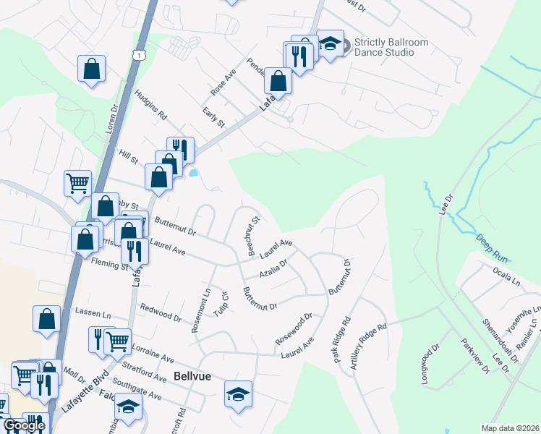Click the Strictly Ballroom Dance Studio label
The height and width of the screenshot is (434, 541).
[391, 47]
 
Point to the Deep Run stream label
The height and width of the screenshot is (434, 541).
[492, 246]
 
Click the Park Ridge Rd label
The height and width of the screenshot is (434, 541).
[342, 341]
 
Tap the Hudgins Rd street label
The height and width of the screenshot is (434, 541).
[152, 106]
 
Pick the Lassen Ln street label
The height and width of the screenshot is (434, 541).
[93, 315]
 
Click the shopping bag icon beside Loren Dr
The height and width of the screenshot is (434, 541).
[92, 69]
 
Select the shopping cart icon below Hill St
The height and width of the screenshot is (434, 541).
[77, 182]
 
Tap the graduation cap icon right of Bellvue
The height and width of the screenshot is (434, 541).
[238, 393]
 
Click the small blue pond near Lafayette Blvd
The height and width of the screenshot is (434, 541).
[193, 173]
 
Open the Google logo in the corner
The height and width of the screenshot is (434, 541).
[24, 425]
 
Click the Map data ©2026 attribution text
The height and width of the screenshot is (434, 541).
[510, 428]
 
